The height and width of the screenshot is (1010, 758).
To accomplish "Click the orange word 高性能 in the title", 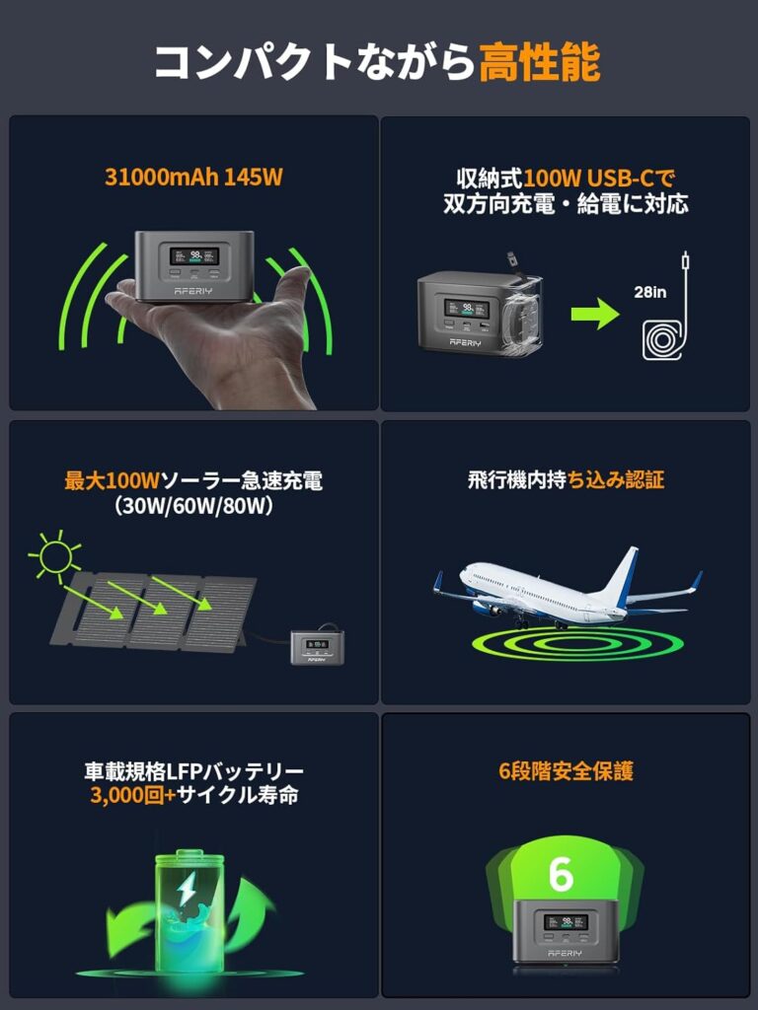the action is tap(540, 62).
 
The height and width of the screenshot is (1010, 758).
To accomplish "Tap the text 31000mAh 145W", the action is tap(193, 178).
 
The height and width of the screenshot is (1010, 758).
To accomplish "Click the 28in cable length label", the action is tap(649, 292).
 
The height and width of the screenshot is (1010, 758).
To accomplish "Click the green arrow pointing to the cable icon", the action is tap(595, 314).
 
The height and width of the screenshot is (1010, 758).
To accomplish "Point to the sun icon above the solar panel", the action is tap(54, 554).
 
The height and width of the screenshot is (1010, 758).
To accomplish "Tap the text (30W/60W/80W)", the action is tap(193, 507).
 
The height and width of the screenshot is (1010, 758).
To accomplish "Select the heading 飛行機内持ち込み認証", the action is tap(566, 480).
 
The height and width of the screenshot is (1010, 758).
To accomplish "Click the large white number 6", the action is tap(561, 874).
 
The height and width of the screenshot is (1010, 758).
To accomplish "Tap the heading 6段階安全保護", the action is tap(566, 771).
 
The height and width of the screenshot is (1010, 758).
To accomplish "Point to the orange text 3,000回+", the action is tap(133, 796).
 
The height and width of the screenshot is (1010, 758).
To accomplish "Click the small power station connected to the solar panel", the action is tap(317, 647).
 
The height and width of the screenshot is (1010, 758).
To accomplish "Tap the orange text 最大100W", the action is tap(112, 480).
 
